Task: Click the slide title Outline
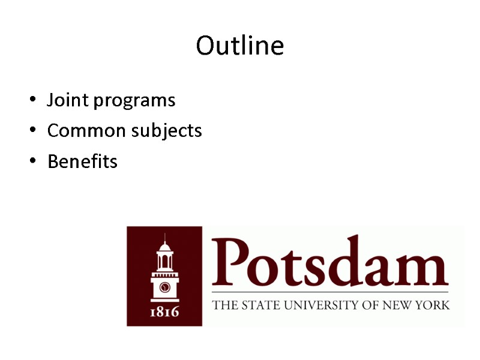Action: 240,46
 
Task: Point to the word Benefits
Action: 82,162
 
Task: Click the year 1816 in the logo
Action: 164,311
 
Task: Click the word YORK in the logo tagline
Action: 433,305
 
